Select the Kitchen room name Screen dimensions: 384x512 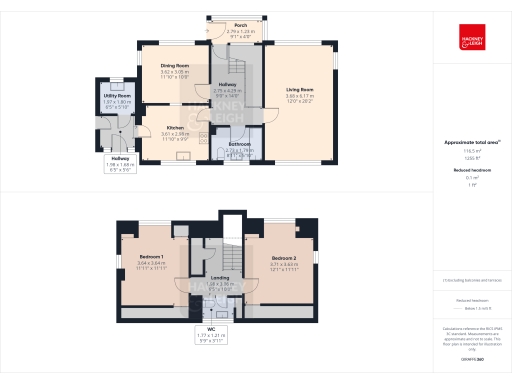(175, 127)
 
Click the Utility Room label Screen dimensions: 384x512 (118, 96)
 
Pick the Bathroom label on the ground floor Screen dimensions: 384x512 (239, 144)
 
